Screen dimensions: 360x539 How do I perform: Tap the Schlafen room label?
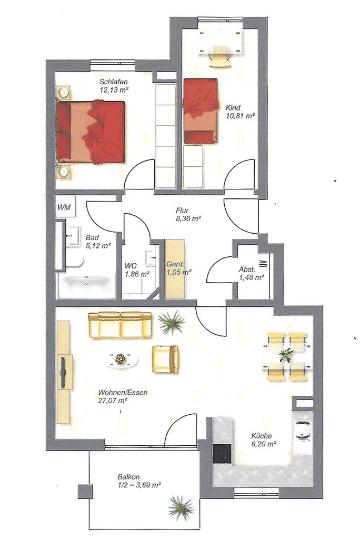coord(114,82)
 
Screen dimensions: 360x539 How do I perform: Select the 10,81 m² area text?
coord(240,116)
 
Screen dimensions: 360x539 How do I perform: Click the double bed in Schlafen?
coord(91,131)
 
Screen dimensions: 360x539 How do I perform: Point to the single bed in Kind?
coord(201,111)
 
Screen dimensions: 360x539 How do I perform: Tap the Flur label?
coord(182,211)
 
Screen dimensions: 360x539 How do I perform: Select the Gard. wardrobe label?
coord(175,265)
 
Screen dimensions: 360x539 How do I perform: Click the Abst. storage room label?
coord(247,269)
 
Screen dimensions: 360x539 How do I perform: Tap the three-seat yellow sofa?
coord(120,325)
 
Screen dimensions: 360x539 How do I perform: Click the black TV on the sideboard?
coord(63,371)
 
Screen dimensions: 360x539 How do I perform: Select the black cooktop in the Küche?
coord(222,453)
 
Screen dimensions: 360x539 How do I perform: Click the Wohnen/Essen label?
coord(123,393)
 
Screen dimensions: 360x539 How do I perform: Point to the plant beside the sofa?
coord(171,323)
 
